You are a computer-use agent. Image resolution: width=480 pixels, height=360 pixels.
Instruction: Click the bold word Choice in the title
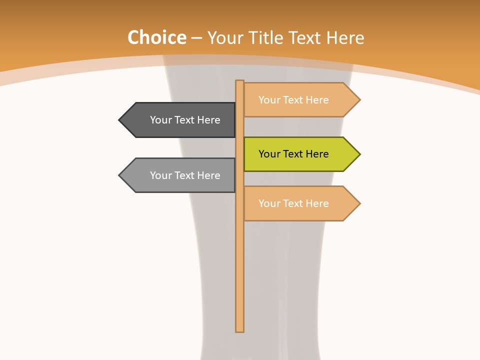(x=156, y=37)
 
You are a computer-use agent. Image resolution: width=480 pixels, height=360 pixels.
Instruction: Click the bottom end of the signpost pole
(x=240, y=329)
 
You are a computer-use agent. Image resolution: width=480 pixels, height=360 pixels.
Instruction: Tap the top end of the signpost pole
(x=240, y=82)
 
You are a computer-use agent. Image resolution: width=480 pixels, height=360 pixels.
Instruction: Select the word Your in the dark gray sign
(x=161, y=120)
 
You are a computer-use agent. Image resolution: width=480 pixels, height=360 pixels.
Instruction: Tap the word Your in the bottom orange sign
(x=269, y=203)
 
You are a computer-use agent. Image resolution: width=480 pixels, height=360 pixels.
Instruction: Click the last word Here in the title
(x=345, y=38)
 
